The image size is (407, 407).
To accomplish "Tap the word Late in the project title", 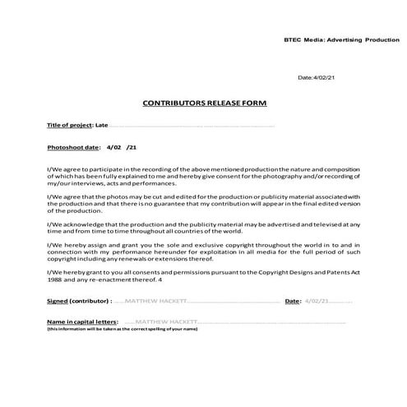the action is [101, 125].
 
